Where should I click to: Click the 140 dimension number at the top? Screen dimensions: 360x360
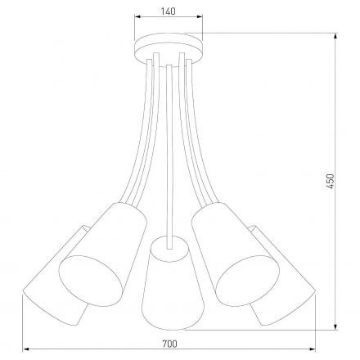167,11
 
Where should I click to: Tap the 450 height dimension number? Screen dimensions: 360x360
331,181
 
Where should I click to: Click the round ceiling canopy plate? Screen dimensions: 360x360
168,47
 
